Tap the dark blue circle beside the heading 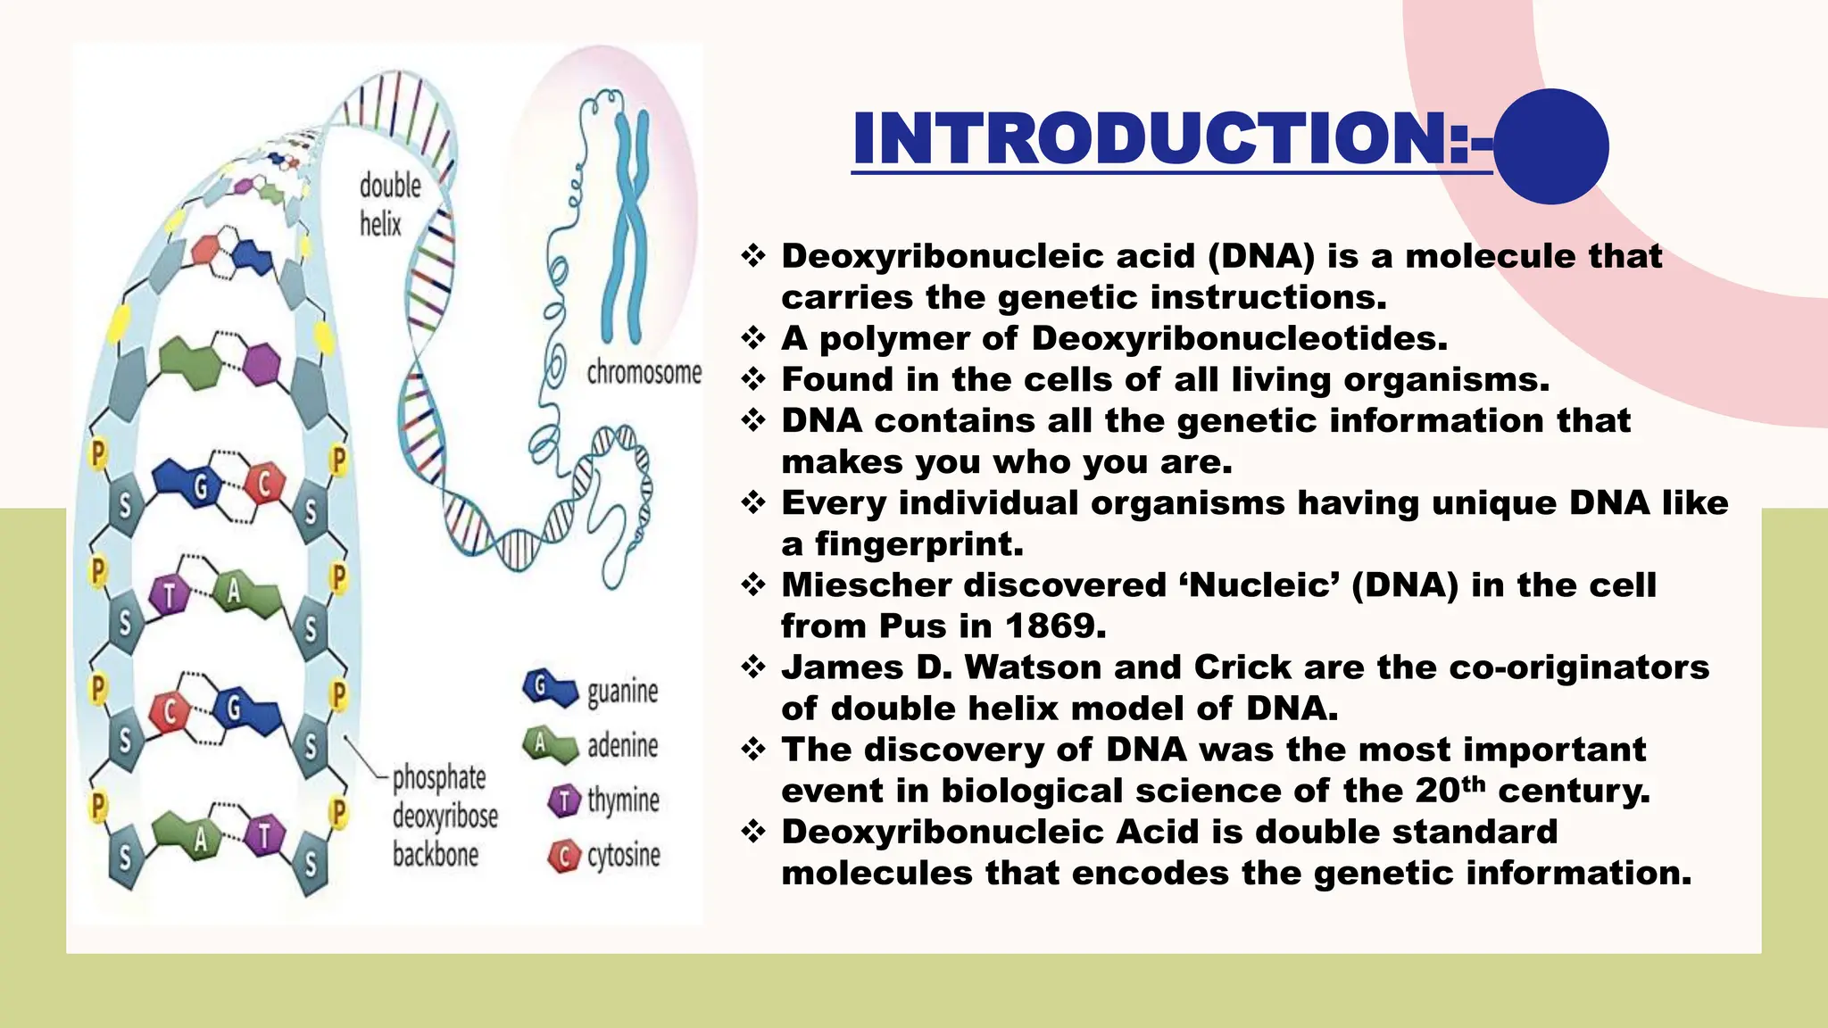(1551, 146)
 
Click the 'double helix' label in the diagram (390, 204)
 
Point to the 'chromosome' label (644, 372)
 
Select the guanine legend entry (592, 691)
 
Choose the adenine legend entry (592, 745)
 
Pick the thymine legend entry (604, 800)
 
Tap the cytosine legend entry (604, 856)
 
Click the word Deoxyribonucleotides (1239, 339)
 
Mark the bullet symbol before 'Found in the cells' (754, 379)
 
